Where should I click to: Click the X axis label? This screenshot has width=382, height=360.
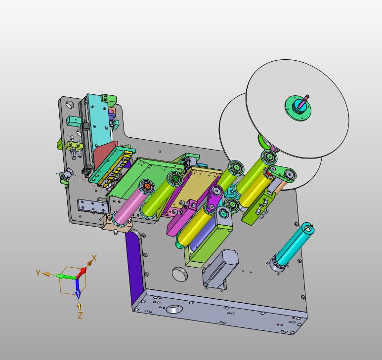tap(94, 258)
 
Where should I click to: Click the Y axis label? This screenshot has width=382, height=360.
tap(38, 273)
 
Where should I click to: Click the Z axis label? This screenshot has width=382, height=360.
tap(80, 316)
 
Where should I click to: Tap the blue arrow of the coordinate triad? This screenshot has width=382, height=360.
tap(78, 288)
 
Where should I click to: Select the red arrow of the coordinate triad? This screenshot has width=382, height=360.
tap(82, 273)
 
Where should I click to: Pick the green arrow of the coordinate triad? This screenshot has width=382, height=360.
tap(66, 277)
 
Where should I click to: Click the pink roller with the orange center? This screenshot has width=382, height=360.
tap(133, 201)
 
